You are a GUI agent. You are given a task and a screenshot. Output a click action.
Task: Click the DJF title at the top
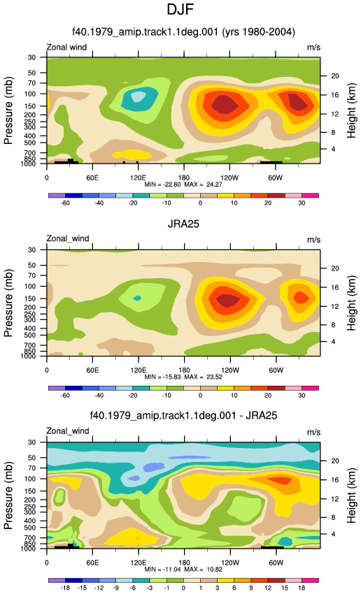pos(180,9)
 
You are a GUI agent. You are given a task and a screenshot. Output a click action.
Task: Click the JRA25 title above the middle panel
pos(183,224)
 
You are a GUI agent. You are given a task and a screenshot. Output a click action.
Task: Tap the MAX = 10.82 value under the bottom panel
pos(204,570)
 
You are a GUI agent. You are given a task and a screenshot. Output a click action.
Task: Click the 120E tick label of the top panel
pos(138,178)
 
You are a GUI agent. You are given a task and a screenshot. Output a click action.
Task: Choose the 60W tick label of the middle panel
pos(276,370)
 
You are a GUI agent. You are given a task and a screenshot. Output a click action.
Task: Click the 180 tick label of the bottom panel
pos(184,563)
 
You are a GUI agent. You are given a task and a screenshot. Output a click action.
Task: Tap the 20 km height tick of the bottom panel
pos(335,461)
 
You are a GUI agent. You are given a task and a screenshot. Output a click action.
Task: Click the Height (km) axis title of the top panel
pos(351,111)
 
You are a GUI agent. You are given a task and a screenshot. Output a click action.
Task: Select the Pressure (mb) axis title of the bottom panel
pos(8,495)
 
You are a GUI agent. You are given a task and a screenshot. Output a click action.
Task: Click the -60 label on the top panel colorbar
pos(65,203)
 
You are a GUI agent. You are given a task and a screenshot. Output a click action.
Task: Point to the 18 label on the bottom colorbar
pos(302,588)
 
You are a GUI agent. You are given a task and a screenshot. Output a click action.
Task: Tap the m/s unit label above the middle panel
pos(313,240)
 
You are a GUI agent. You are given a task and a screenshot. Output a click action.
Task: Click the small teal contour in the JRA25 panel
pos(137,298)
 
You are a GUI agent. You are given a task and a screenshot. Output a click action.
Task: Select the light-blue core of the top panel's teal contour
pos(138,96)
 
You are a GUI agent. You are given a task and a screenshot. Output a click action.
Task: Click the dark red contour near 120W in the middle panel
pos(228,300)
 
